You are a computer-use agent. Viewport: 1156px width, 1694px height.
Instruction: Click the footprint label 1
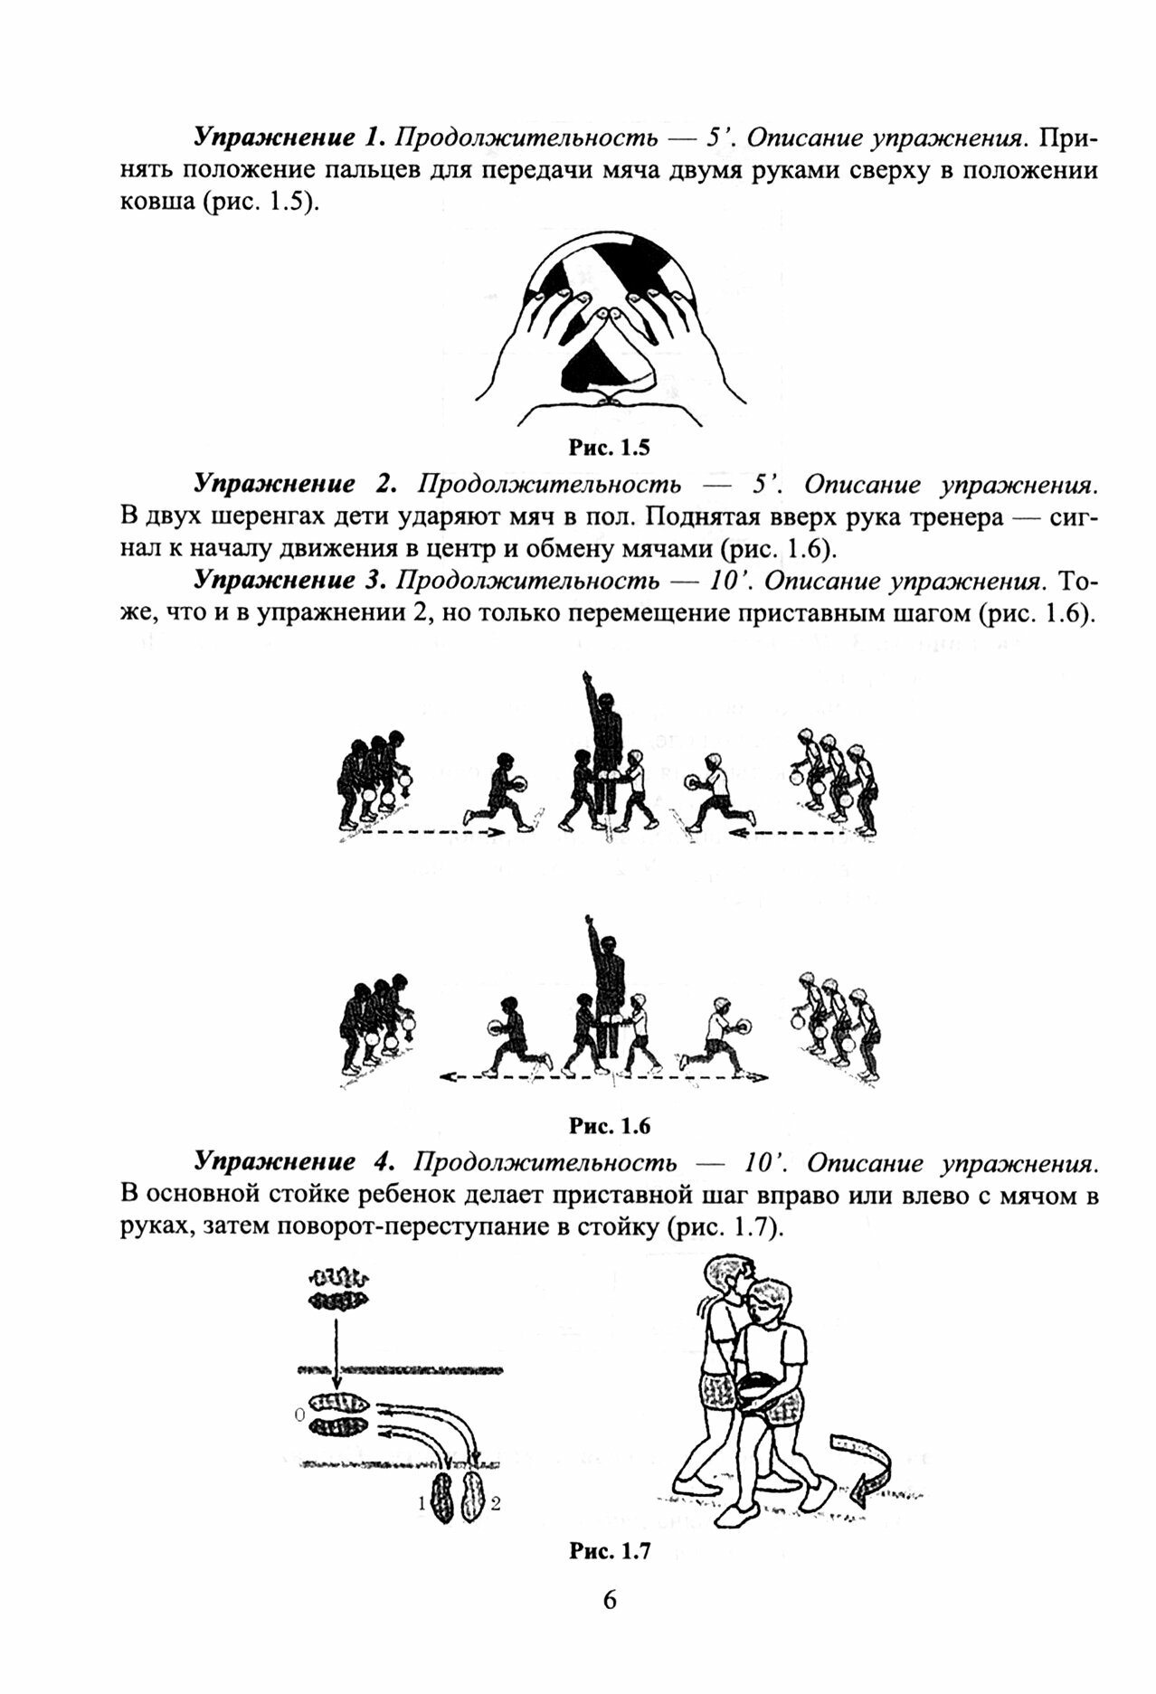point(421,1506)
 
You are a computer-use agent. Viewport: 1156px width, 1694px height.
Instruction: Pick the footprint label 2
point(496,1506)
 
